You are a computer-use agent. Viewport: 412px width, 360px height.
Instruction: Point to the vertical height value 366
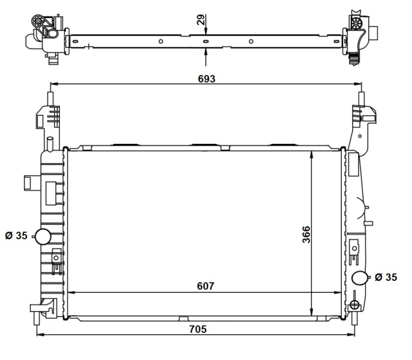[305, 234]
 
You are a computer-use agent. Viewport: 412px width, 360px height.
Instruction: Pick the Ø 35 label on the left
[16, 236]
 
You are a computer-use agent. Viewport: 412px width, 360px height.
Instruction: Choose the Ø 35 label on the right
[387, 277]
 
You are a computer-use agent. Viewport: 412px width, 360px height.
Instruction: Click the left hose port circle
[43, 236]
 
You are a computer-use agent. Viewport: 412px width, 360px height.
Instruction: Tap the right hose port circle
[360, 278]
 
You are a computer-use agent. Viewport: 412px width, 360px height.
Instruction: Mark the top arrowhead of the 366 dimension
[311, 154]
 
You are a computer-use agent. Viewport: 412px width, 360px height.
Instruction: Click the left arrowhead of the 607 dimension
[70, 293]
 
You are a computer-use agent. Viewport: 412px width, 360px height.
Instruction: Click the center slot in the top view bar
[206, 41]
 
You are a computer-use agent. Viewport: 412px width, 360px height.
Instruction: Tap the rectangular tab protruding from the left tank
[29, 182]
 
